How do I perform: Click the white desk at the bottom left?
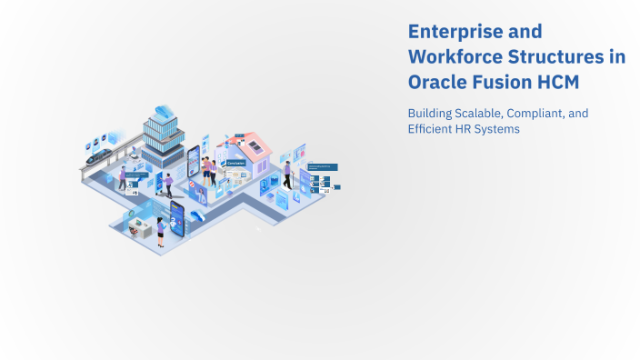[139, 229]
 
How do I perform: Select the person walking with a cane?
[287, 175]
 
